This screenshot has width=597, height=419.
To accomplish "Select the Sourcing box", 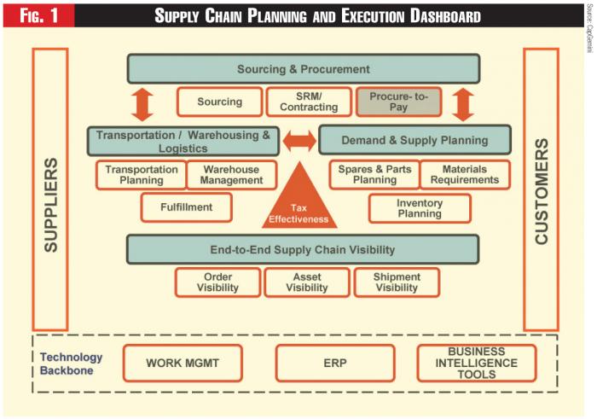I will (219, 102).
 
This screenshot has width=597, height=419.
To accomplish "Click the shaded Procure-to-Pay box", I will (398, 102).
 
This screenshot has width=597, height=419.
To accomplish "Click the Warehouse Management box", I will (232, 174).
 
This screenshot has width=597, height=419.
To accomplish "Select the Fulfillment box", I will (186, 207).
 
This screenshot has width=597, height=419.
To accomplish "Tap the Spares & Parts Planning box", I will (374, 174).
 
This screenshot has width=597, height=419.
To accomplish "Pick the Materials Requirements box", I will (465, 174).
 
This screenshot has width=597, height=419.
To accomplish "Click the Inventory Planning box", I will (419, 207).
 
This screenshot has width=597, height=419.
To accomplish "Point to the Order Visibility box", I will (218, 282).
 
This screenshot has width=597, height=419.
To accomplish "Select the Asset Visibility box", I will (307, 282).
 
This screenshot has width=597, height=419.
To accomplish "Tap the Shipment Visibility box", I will (397, 282).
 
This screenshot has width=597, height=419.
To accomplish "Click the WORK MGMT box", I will (183, 363).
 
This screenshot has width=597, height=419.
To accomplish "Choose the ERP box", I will (334, 363).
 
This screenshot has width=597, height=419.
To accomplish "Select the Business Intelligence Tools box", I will (477, 363).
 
